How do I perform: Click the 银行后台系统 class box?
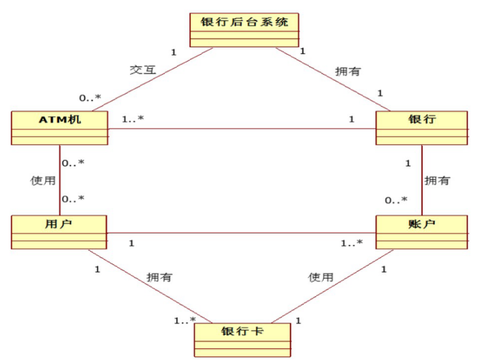(244, 29)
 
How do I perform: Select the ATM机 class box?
(59, 128)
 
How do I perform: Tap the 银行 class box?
(421, 128)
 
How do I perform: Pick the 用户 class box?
(59, 232)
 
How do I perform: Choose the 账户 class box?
(421, 232)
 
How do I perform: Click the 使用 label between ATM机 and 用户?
(42, 181)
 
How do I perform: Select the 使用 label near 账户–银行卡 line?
(321, 276)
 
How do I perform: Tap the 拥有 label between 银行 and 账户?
(437, 181)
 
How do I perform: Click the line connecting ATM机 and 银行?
(243, 130)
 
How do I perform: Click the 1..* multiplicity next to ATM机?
(132, 119)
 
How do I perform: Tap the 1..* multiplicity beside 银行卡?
(185, 320)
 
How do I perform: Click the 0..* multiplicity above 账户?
(396, 200)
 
